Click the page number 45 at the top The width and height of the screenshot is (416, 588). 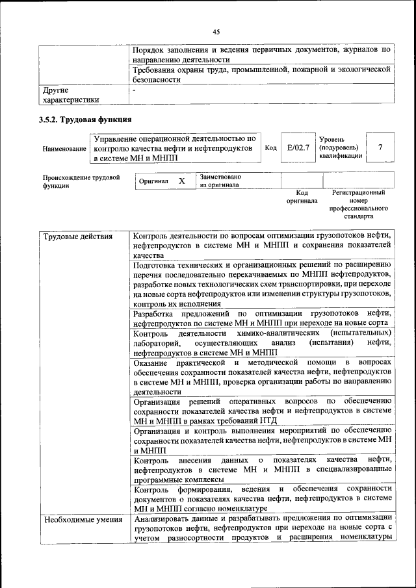click(216, 30)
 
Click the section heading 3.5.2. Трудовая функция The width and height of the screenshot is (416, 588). click(85, 120)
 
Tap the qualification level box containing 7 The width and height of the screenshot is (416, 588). click(380, 147)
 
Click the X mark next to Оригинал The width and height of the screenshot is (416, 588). click(182, 181)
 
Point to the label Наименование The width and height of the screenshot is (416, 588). click(64, 149)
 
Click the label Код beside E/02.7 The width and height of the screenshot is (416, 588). click(271, 148)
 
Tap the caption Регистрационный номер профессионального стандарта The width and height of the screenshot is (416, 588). click(358, 205)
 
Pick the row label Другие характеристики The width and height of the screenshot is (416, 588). click(71, 95)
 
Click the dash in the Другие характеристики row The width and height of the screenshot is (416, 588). click(134, 90)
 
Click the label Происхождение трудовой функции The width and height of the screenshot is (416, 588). click(81, 181)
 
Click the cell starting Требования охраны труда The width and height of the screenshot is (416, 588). click(261, 74)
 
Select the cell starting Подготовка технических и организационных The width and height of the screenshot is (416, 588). click(261, 285)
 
